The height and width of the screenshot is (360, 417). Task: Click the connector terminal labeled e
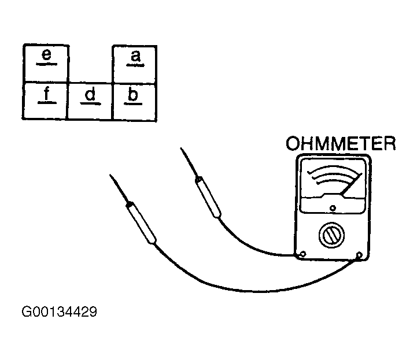(46, 64)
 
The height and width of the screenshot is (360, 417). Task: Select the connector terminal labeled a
(135, 65)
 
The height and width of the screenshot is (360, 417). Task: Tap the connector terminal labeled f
(45, 101)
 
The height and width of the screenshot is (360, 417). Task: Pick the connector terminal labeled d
(90, 101)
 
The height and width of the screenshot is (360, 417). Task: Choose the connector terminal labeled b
(134, 102)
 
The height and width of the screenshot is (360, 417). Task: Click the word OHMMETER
(341, 143)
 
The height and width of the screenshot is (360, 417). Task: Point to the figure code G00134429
(60, 311)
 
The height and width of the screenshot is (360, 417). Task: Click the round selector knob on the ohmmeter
(331, 235)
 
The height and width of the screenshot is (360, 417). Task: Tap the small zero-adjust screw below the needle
(333, 208)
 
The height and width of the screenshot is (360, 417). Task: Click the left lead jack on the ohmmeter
(302, 254)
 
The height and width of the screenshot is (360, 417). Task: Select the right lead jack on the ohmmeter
(359, 255)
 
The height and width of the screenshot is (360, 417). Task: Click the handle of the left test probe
(141, 222)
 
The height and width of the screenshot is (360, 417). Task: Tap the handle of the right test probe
(208, 198)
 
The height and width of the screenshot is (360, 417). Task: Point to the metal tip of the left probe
(118, 188)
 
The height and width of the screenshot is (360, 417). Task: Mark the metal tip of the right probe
(189, 162)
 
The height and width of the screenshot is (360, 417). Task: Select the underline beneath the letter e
(46, 64)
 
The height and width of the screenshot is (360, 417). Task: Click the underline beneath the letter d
(90, 103)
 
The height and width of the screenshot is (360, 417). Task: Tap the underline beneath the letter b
(133, 103)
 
